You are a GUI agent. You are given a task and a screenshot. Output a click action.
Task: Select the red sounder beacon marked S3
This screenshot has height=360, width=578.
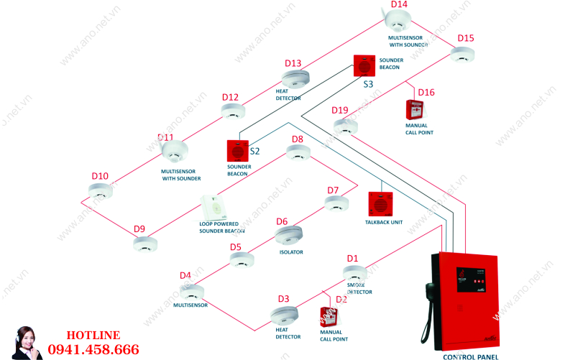coord(364,66)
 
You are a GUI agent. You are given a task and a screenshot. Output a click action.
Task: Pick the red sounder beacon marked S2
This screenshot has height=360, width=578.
coord(237,150)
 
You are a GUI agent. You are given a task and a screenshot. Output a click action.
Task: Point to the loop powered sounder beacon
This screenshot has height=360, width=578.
coord(214,208)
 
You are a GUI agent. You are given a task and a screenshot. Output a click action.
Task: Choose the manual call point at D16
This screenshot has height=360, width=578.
coord(415,110)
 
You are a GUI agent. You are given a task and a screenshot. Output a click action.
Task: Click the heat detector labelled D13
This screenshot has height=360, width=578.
coord(295,78)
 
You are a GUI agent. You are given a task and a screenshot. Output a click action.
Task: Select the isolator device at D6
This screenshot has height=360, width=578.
coord(289,235)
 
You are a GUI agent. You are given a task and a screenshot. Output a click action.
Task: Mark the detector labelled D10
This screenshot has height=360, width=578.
coord(100,190)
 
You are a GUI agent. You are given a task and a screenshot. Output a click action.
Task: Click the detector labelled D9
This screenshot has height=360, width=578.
coord(145,244)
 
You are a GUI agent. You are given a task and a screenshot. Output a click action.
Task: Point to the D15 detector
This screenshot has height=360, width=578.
coord(464,55)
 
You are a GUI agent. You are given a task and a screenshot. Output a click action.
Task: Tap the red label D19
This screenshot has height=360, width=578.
coord(340,110)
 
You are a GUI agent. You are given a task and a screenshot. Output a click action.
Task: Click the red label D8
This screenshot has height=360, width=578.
coord(297,139)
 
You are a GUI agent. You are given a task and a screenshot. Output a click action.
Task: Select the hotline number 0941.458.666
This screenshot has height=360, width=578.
coord(93,350)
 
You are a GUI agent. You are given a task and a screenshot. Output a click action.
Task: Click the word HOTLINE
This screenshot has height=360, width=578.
coord(93,335)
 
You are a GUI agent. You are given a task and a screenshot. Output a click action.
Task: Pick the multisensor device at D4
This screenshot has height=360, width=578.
coord(192,292)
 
